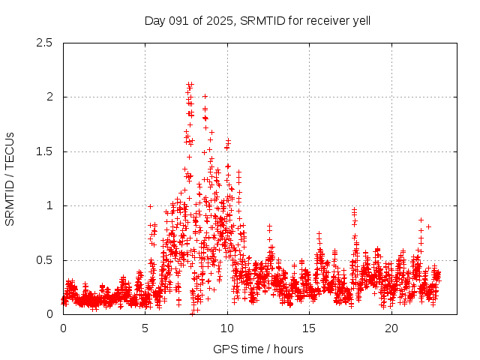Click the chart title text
pyautogui.click(x=257, y=20)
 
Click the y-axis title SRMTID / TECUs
pyautogui.click(x=10, y=178)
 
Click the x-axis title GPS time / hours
pyautogui.click(x=258, y=349)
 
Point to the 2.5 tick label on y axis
pyautogui.click(x=44, y=43)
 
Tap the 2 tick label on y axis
pyautogui.click(x=49, y=97)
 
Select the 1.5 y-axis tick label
pyautogui.click(x=44, y=151)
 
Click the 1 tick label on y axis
pyautogui.click(x=49, y=205)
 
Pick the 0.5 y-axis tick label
pyautogui.click(x=44, y=260)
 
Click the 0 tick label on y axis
pyautogui.click(x=49, y=314)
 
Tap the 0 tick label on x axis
pyautogui.click(x=63, y=328)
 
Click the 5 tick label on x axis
pyautogui.click(x=145, y=328)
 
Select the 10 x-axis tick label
pyautogui.click(x=227, y=328)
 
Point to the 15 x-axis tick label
pyautogui.click(x=309, y=328)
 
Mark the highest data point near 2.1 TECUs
pyautogui.click(x=190, y=85)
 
